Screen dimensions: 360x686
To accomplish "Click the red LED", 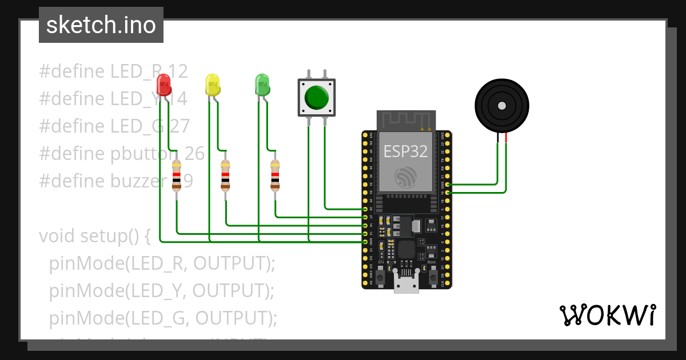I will pyautogui.click(x=163, y=85).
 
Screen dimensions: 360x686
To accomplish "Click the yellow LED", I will pyautogui.click(x=212, y=85).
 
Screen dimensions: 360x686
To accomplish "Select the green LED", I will pyautogui.click(x=262, y=85).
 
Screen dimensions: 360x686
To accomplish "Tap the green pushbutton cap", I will pyautogui.click(x=316, y=97).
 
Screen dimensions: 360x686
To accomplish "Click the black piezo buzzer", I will pyautogui.click(x=501, y=106).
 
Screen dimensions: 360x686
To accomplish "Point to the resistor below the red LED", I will pyautogui.click(x=177, y=175).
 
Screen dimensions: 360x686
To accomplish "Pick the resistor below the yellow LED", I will pyautogui.click(x=226, y=175).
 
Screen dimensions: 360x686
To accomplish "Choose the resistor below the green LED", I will pyautogui.click(x=276, y=175).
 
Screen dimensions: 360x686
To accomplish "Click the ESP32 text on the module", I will pyautogui.click(x=405, y=151).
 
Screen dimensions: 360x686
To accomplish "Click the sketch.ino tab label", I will pyautogui.click(x=101, y=25).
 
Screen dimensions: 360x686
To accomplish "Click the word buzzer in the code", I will pyautogui.click(x=135, y=181).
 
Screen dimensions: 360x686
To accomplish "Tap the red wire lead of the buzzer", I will pyautogui.click(x=506, y=137).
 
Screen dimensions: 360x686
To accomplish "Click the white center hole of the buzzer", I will pyautogui.click(x=501, y=106).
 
